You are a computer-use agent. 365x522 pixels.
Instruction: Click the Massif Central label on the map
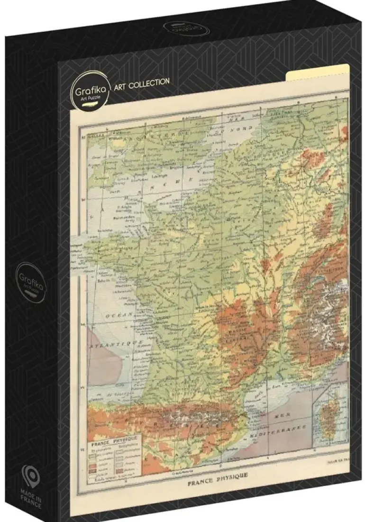pyautogui.click(x=232, y=327)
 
